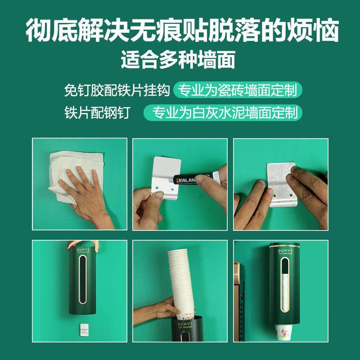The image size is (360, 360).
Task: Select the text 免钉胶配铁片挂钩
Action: pyautogui.click(x=117, y=90)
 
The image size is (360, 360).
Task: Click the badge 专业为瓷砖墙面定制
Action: pyautogui.click(x=238, y=90)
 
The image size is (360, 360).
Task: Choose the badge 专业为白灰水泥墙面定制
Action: pyautogui.click(x=223, y=112)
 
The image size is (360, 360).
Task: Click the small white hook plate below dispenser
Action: pyautogui.click(x=85, y=329)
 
